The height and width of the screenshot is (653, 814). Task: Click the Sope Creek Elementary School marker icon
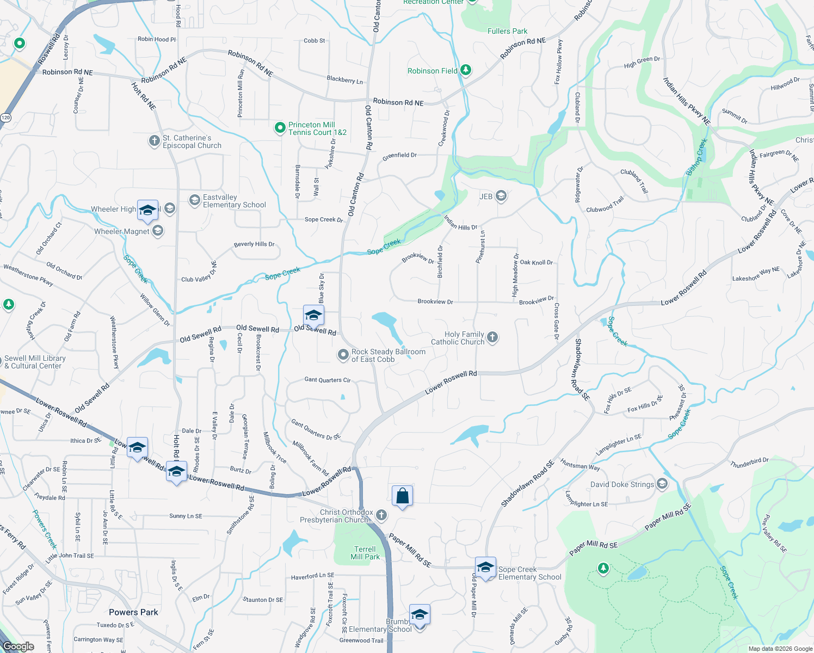(485, 567)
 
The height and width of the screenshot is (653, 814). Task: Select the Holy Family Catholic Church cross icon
(492, 337)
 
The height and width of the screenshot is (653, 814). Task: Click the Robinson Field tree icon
(465, 70)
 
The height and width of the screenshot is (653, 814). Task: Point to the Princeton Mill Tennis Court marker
(280, 128)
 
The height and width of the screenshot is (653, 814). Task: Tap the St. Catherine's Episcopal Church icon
(155, 140)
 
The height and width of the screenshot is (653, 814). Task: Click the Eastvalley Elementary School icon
(194, 200)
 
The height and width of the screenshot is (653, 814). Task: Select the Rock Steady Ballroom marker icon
(343, 355)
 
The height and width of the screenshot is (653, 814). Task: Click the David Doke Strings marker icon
(662, 483)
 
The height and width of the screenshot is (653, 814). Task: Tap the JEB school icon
(501, 196)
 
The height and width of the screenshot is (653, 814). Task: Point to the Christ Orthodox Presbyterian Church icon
(381, 515)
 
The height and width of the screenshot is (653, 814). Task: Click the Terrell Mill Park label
(365, 553)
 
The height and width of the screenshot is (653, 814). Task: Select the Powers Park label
(133, 612)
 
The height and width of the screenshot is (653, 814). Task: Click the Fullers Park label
(507, 31)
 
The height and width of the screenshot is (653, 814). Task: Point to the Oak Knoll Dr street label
(536, 262)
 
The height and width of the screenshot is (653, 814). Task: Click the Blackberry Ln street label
(344, 79)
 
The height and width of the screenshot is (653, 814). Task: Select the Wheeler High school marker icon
(147, 210)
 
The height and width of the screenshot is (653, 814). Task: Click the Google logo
(18, 646)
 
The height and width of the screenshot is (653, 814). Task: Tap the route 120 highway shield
(5, 117)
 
